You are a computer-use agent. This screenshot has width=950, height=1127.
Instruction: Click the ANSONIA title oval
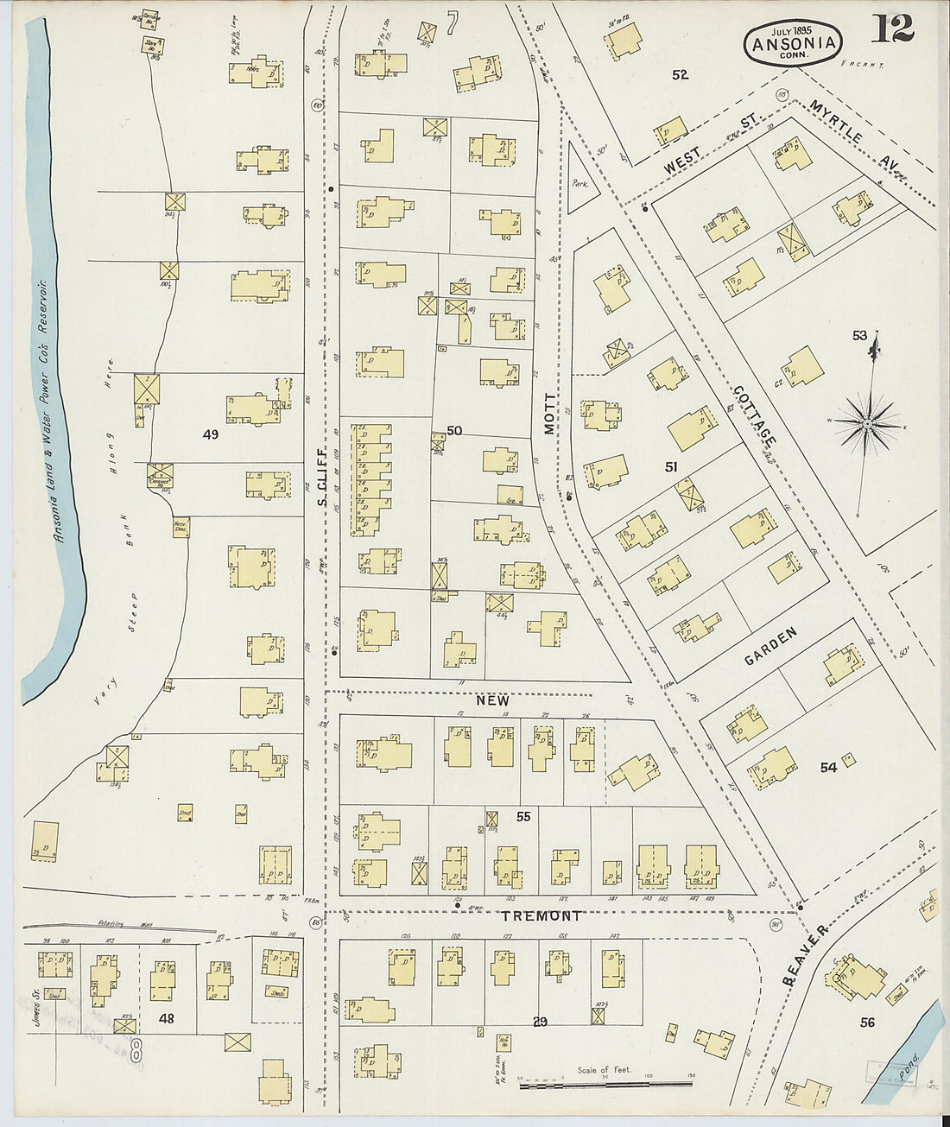tap(793, 42)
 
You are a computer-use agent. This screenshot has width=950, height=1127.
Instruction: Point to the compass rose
tap(869, 423)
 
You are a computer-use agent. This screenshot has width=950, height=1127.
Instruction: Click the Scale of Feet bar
tap(605, 1084)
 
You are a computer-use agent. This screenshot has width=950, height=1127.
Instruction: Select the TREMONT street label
tap(541, 916)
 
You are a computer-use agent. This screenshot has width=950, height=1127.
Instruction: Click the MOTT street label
tap(550, 414)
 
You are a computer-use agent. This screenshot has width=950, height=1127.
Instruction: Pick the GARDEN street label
tap(770, 647)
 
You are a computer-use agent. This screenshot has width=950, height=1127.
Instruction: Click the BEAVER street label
tap(805, 954)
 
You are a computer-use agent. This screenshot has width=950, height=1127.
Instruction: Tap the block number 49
tap(210, 434)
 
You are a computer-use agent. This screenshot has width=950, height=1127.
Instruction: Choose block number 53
tap(859, 335)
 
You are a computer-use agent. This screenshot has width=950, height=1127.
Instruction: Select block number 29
tap(540, 1023)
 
